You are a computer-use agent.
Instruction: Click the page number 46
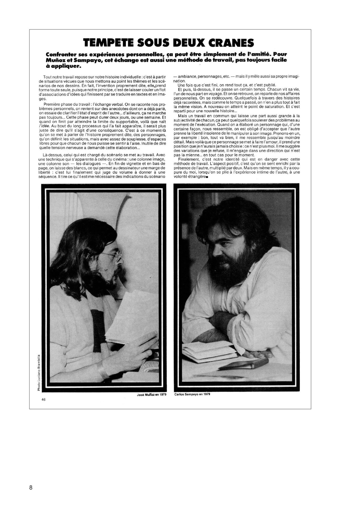44,399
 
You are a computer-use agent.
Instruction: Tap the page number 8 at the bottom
31,487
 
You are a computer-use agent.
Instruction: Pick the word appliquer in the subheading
63,66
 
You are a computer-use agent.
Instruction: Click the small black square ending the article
207,177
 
